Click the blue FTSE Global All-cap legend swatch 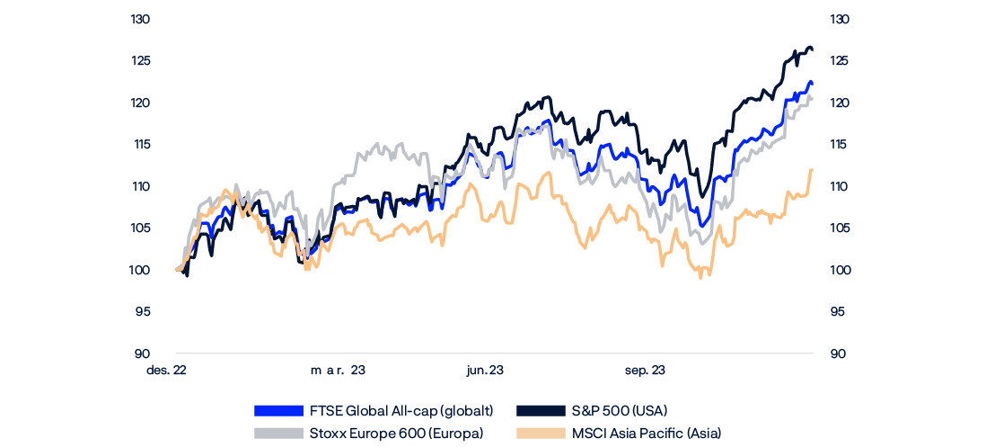(x=278, y=411)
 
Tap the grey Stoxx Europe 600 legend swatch (x=278, y=434)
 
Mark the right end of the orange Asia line (x=812, y=169)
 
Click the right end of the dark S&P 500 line (x=813, y=49)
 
